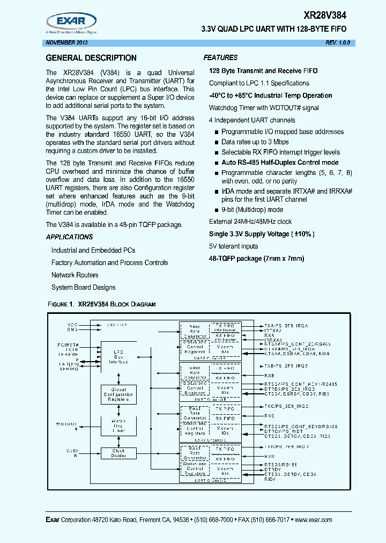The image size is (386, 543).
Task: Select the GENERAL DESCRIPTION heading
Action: point(91,58)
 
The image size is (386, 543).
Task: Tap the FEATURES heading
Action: point(220,57)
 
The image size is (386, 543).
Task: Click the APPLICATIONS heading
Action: point(69,237)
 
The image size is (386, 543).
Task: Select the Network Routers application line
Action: point(75,275)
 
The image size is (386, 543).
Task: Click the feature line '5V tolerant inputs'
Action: point(233,246)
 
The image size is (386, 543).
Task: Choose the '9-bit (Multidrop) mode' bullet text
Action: point(252,210)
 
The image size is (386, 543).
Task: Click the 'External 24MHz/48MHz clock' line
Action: point(250,222)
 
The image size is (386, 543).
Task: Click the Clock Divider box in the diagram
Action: point(118,453)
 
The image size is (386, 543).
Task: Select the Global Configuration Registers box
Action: point(118,394)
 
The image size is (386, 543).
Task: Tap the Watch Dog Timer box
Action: point(118,425)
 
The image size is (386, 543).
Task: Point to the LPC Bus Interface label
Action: point(118,357)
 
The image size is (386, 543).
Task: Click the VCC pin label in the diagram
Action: point(72,325)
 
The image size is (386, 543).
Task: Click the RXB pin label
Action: point(269,376)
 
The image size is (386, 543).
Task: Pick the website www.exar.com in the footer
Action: point(313,520)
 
